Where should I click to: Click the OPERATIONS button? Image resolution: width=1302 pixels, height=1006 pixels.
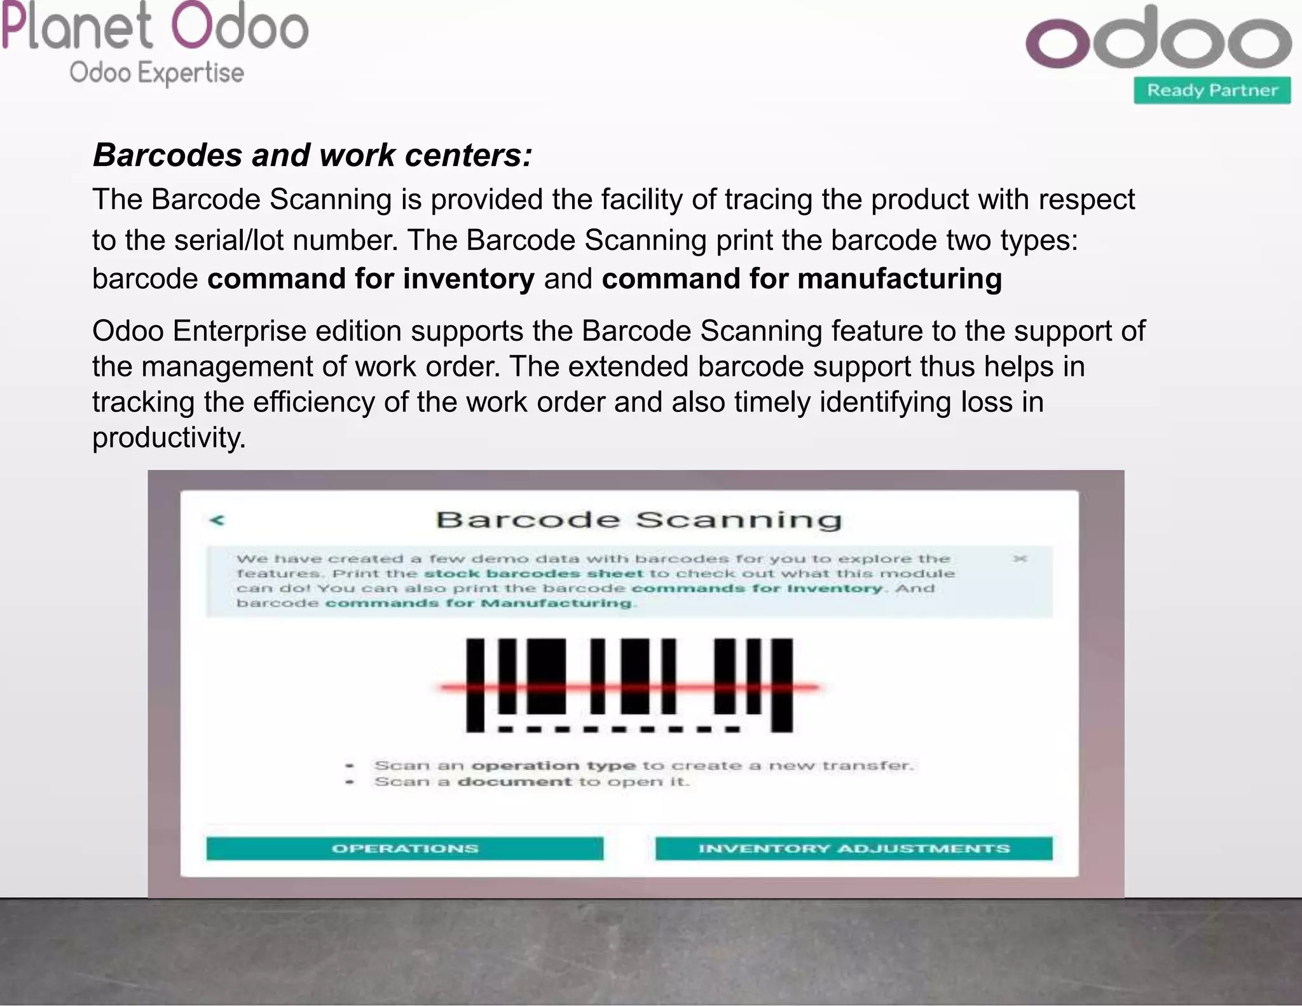pyautogui.click(x=404, y=848)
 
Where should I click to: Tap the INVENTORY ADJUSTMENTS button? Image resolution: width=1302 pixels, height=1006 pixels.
pyautogui.click(x=854, y=848)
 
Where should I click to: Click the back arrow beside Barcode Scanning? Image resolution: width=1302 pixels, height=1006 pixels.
pyautogui.click(x=217, y=520)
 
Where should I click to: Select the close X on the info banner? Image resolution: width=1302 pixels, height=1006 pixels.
pyautogui.click(x=1020, y=558)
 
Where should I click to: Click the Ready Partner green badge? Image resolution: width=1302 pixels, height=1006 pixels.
pyautogui.click(x=1212, y=90)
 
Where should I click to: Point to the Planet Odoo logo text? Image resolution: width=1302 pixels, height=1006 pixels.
pyautogui.click(x=154, y=27)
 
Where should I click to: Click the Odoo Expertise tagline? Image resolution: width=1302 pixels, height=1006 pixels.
pyautogui.click(x=156, y=72)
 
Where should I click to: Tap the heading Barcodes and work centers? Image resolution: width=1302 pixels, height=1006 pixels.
pyautogui.click(x=312, y=155)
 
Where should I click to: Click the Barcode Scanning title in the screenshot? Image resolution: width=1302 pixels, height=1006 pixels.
pyautogui.click(x=638, y=520)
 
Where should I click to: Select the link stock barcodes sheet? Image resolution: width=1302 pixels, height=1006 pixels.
pyautogui.click(x=533, y=574)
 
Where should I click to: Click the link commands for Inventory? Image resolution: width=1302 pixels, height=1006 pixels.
pyautogui.click(x=757, y=588)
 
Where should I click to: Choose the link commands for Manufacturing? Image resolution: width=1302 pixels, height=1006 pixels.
pyautogui.click(x=479, y=603)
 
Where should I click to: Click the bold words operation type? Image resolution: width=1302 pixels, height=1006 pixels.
pyautogui.click(x=553, y=766)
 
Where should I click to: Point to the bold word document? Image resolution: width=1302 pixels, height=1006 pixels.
pyautogui.click(x=514, y=782)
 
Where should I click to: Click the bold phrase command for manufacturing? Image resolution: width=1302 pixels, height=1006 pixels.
pyautogui.click(x=802, y=279)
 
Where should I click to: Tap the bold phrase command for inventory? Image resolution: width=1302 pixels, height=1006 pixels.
pyautogui.click(x=371, y=279)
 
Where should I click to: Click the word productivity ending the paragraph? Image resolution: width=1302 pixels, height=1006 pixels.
pyautogui.click(x=168, y=438)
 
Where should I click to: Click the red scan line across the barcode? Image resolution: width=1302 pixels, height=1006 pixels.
pyautogui.click(x=629, y=687)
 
